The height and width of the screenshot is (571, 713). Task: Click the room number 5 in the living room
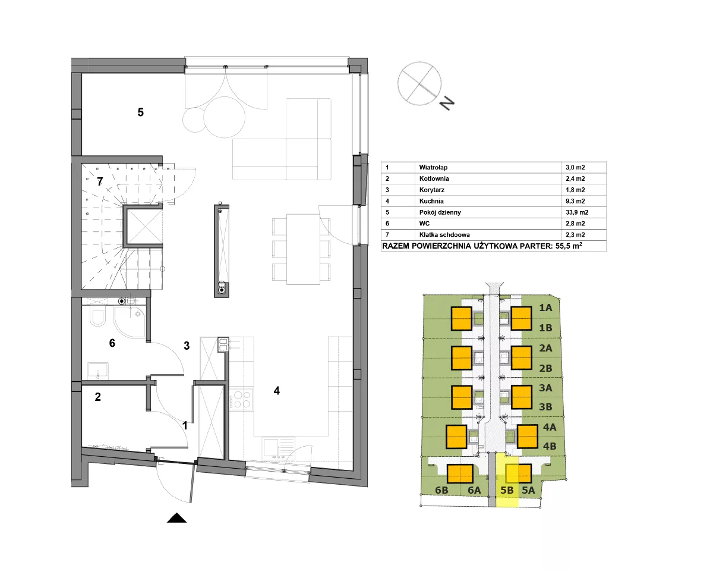coord(140,112)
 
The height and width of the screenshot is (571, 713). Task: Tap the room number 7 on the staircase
coord(100,181)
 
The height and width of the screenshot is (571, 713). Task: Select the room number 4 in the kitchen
coord(277,391)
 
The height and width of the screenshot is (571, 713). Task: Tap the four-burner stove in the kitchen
coord(241,400)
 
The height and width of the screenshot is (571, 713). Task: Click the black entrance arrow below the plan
coord(176,518)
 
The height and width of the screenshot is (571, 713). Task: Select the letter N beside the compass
coord(447,103)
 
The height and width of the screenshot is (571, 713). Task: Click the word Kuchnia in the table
coord(431,201)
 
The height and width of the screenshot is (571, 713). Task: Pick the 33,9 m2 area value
coord(577,212)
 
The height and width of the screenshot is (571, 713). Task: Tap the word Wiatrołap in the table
coord(433,168)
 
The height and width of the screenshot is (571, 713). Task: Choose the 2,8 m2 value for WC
coord(575,224)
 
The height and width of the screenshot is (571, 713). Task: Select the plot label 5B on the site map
coord(507,490)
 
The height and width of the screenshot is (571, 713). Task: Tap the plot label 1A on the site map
coord(545,308)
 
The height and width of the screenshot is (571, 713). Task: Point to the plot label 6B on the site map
coord(441,490)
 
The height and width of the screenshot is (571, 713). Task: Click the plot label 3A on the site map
coord(545,388)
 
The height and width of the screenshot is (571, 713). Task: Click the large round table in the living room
coord(225,117)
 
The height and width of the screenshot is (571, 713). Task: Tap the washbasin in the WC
coord(97,371)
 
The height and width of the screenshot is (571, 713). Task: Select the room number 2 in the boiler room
coord(97,397)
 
